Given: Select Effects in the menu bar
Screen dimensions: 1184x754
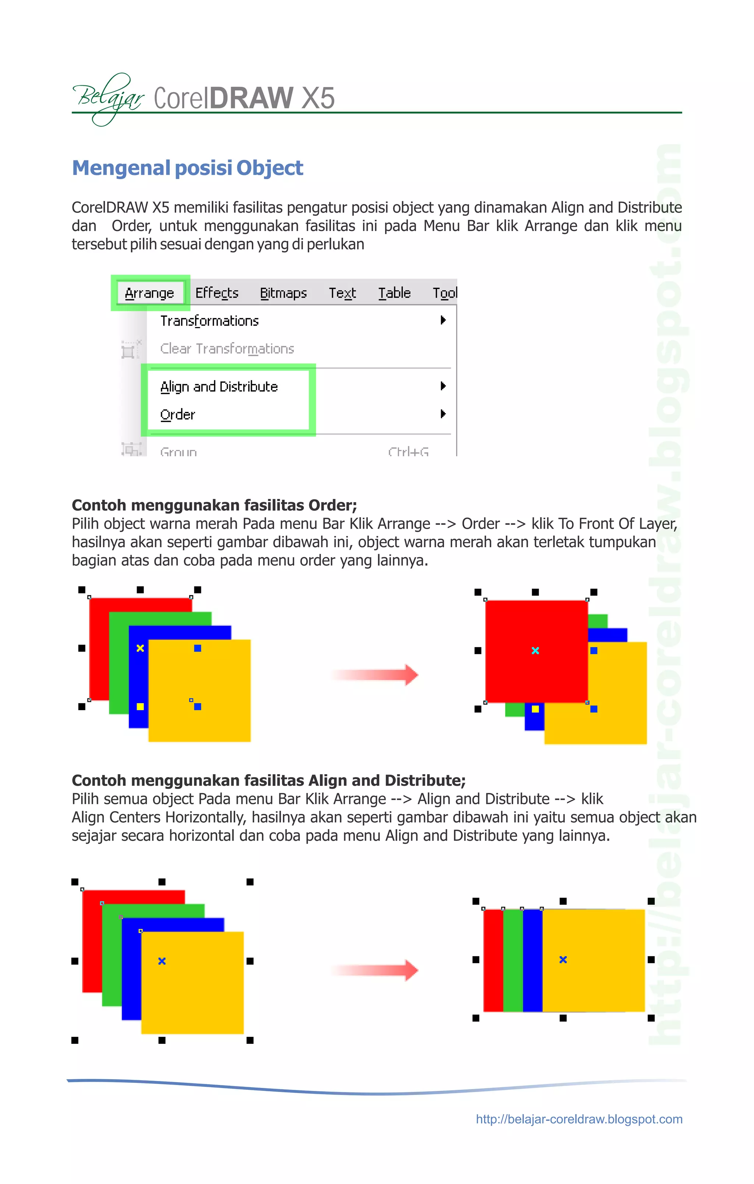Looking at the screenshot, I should click(x=216, y=293).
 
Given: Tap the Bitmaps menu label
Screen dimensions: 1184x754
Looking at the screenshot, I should click(x=283, y=293).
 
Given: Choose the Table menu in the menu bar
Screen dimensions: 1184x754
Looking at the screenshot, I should click(x=394, y=293).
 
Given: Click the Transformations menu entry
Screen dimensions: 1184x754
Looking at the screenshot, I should click(x=209, y=321).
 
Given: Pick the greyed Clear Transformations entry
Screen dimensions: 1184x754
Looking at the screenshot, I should click(x=227, y=348).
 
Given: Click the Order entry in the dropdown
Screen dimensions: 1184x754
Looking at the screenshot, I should click(x=178, y=415).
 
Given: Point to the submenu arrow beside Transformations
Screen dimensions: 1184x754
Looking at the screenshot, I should click(x=443, y=320).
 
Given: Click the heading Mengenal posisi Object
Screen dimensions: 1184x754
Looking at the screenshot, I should click(x=187, y=168).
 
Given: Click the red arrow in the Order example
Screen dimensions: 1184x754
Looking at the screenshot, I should click(x=375, y=675).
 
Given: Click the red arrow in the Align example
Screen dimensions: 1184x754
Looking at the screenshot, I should click(x=375, y=970).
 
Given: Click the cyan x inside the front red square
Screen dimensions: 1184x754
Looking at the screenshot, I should click(x=535, y=651).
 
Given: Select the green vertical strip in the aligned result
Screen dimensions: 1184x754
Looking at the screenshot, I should click(x=513, y=960).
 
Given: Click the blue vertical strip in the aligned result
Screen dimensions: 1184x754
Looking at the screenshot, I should click(x=532, y=960).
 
